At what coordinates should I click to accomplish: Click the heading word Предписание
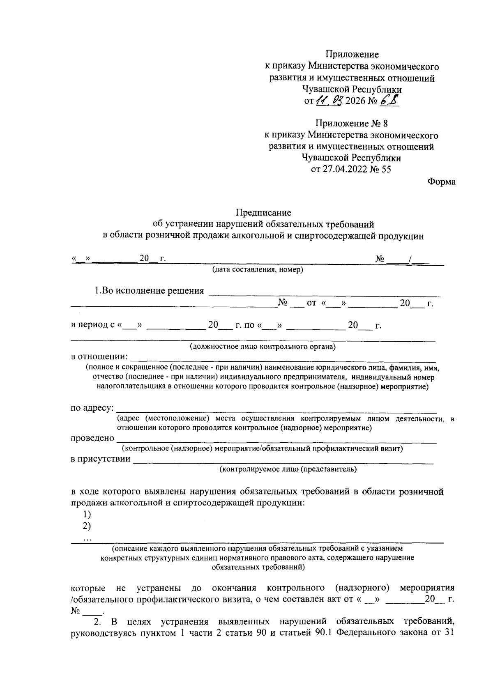tap(263, 212)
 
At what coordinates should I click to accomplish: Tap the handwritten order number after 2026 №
tap(389, 101)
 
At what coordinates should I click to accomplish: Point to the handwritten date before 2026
tap(329, 101)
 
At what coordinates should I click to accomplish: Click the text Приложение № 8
tap(351, 123)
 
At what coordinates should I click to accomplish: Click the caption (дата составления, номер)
tap(258, 270)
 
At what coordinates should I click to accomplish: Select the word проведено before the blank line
tap(92, 438)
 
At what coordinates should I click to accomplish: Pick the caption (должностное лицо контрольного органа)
tap(263, 347)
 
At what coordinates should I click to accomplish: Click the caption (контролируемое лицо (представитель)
tap(288, 469)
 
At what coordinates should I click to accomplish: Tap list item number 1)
tap(87, 514)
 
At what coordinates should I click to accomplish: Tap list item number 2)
tap(87, 526)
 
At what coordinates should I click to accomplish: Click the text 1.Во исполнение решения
tap(149, 291)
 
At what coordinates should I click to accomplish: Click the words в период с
tap(93, 325)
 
